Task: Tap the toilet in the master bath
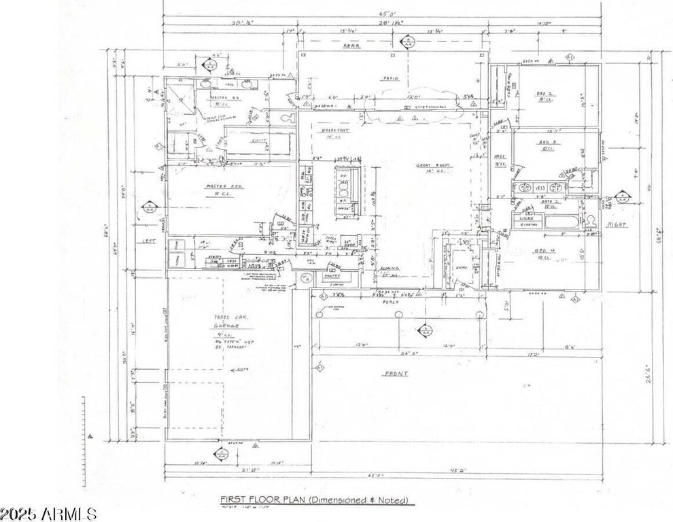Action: (288, 118)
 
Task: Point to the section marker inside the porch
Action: (425, 331)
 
